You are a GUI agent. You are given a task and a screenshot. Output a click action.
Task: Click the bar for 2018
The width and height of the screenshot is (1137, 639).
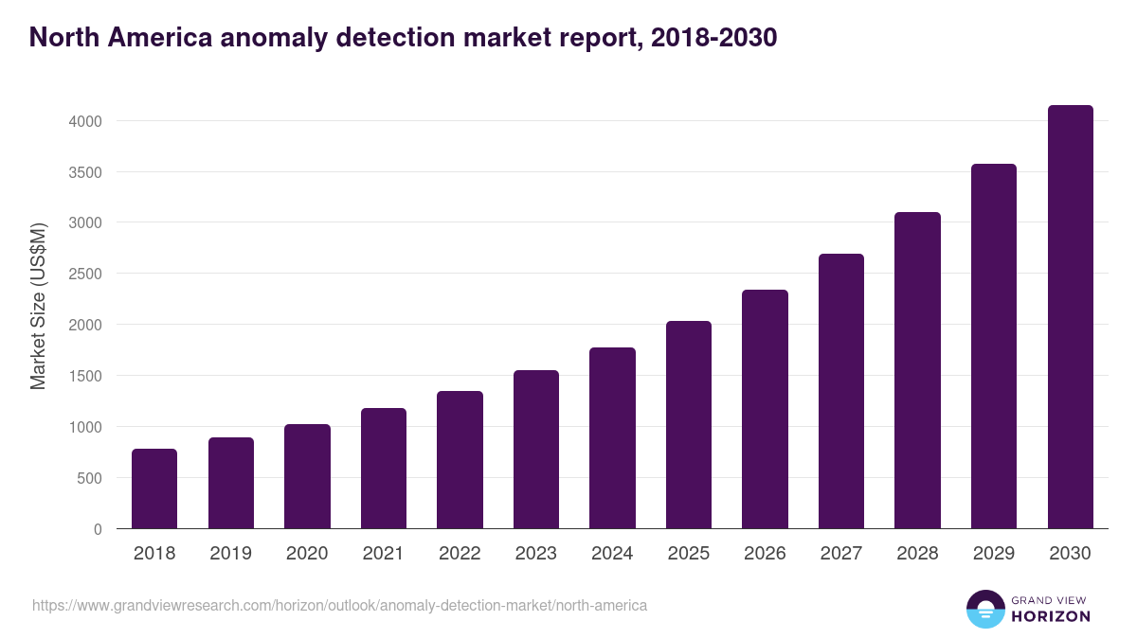point(154,488)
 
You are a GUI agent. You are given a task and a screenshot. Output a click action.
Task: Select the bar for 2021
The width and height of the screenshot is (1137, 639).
point(383,469)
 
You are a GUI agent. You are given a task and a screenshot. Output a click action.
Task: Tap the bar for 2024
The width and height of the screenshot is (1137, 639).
point(612,438)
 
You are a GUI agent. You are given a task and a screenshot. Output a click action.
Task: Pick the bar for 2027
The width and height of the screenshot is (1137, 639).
point(840,391)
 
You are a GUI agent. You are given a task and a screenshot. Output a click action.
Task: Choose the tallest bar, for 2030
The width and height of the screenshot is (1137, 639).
point(1070,317)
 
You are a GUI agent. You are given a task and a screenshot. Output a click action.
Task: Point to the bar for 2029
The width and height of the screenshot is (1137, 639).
point(993,346)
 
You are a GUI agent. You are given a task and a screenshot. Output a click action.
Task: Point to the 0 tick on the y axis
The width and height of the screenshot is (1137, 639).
point(97,529)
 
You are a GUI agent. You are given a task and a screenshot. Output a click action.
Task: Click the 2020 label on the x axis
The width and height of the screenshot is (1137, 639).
point(307,554)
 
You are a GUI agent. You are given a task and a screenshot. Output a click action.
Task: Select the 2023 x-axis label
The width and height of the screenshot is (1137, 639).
point(536,554)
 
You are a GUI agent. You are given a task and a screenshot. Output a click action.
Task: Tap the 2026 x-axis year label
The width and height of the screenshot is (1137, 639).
point(765,554)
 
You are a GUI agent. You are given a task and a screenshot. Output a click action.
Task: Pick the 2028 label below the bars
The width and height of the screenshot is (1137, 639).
point(917,554)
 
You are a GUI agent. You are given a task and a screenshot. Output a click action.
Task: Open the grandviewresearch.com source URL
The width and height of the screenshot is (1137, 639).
point(339,605)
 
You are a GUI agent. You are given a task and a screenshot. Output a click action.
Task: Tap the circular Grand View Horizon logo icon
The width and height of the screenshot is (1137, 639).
point(984,609)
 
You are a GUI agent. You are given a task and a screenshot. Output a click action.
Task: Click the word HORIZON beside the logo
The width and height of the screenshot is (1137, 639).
point(1051,616)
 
